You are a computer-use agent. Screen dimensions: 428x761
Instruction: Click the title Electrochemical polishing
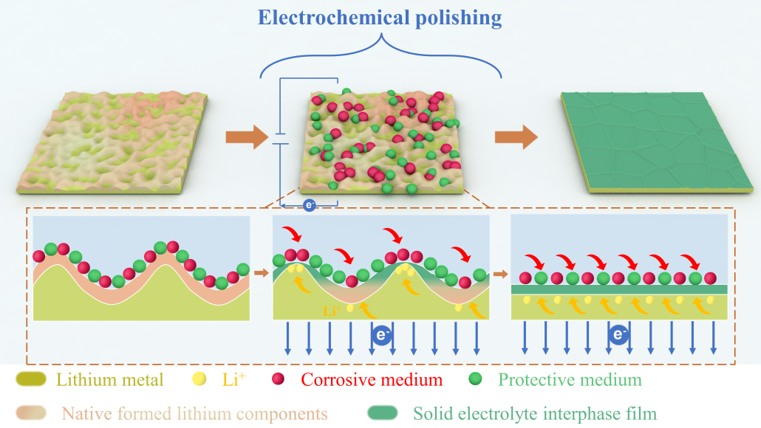tap(380, 17)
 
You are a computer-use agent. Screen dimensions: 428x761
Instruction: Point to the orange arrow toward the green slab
tap(516, 137)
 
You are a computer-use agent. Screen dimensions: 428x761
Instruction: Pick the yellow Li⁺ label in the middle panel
tap(331, 311)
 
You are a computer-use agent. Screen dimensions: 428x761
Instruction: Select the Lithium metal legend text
tap(109, 380)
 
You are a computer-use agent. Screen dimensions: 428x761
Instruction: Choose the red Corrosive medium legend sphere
tap(278, 380)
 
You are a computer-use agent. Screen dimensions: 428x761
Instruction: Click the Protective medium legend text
tap(570, 380)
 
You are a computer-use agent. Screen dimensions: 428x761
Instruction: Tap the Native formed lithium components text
tap(194, 413)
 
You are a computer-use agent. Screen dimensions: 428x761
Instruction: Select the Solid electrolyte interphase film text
tap(535, 413)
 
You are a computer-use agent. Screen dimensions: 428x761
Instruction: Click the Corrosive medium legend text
tap(372, 380)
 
